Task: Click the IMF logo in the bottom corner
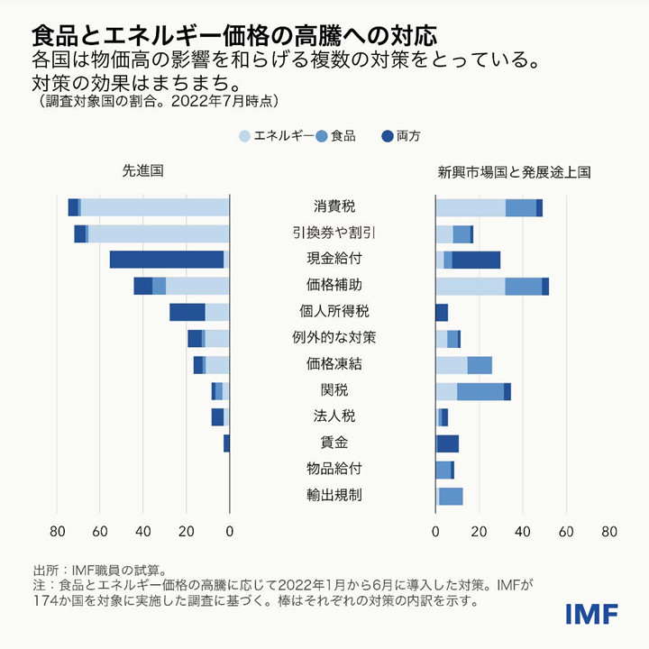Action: (591, 614)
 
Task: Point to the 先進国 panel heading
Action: (143, 170)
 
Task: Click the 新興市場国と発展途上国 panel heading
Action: (514, 170)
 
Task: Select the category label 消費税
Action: (328, 207)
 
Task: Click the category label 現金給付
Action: (328, 260)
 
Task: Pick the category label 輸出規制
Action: (328, 495)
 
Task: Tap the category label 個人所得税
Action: (328, 312)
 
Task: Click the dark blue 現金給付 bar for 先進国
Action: (167, 260)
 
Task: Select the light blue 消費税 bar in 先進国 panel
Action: (155, 207)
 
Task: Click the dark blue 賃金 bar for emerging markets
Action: (448, 443)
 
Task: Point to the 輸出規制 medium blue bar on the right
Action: (451, 496)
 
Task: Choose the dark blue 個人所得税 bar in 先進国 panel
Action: (187, 312)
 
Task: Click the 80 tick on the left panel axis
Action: (57, 531)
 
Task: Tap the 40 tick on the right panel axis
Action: (523, 531)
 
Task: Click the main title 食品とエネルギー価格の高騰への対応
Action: (234, 37)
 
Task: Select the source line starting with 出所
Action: (99, 570)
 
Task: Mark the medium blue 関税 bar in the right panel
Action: (480, 391)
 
